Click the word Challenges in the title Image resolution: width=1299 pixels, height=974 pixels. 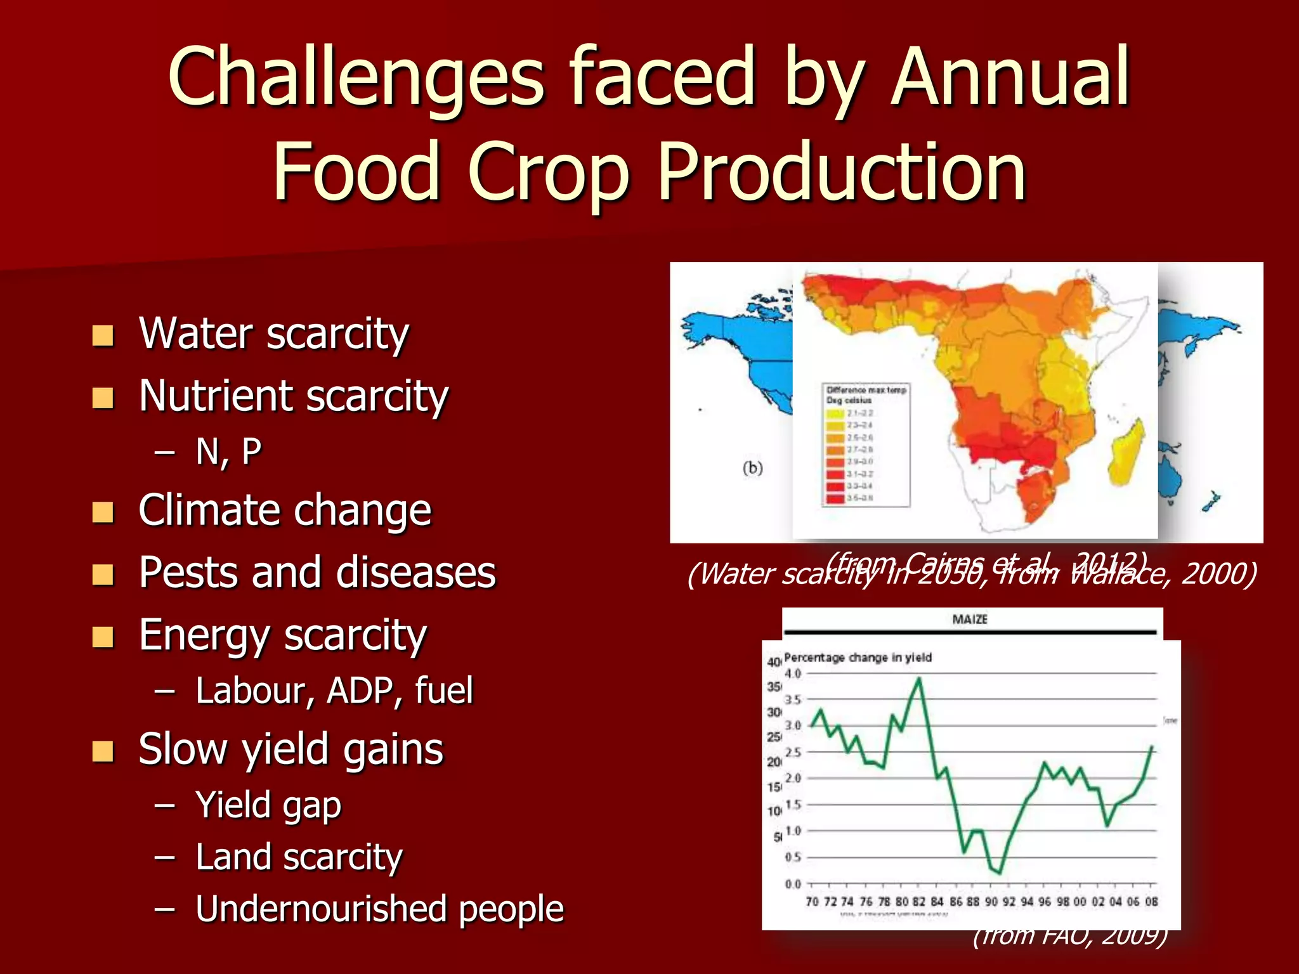[x=355, y=79]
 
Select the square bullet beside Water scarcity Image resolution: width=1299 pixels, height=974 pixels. [x=103, y=335]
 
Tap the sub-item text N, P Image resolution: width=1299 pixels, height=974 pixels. [x=228, y=452]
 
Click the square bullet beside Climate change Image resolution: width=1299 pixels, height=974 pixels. [x=103, y=512]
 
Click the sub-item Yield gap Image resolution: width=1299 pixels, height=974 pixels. [x=268, y=805]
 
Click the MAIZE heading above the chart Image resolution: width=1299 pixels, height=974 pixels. [x=970, y=620]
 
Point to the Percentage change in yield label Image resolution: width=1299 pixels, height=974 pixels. [x=858, y=658]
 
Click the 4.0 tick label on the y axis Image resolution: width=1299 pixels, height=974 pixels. [x=793, y=673]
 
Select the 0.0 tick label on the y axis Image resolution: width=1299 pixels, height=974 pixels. [x=793, y=884]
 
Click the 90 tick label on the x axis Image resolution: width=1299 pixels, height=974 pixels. [x=991, y=902]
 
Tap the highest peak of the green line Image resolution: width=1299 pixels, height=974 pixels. [x=919, y=678]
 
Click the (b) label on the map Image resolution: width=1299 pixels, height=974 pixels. [x=752, y=468]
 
